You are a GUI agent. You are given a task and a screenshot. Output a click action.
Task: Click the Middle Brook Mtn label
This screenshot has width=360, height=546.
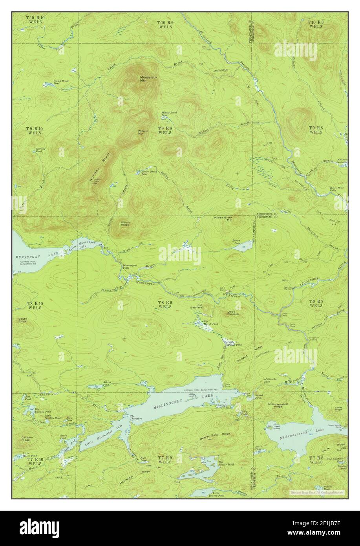[x=223, y=219]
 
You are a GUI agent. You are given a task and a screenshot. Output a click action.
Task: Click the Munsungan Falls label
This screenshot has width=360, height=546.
[x=130, y=267]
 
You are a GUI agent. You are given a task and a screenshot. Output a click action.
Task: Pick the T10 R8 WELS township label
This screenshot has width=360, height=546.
[x=315, y=24]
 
